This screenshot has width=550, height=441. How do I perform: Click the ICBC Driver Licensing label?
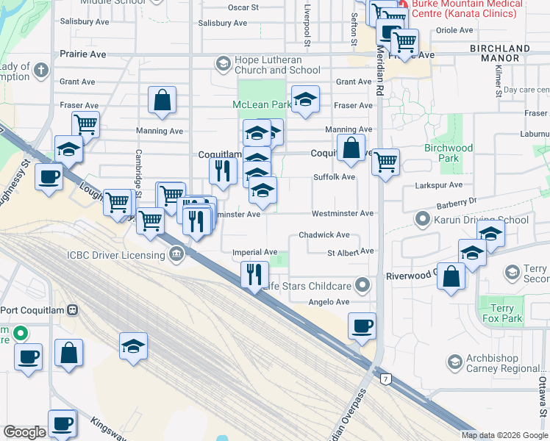click(117, 255)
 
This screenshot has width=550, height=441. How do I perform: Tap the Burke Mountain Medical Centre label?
click(467, 9)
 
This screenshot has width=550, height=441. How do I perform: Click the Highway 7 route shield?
click(385, 379)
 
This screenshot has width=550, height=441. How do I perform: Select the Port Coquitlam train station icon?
click(71, 309)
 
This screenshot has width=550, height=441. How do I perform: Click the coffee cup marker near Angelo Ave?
click(361, 326)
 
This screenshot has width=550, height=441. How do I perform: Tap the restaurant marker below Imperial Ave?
click(254, 276)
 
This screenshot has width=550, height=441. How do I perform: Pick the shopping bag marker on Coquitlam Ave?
click(352, 148)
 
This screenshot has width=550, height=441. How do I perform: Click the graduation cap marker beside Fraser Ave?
click(305, 99)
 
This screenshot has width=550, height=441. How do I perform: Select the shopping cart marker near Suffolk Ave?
click(385, 162)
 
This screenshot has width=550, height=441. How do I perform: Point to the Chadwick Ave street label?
click(324, 235)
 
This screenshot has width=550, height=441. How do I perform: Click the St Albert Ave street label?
click(351, 251)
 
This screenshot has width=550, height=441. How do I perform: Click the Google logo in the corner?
click(24, 432)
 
